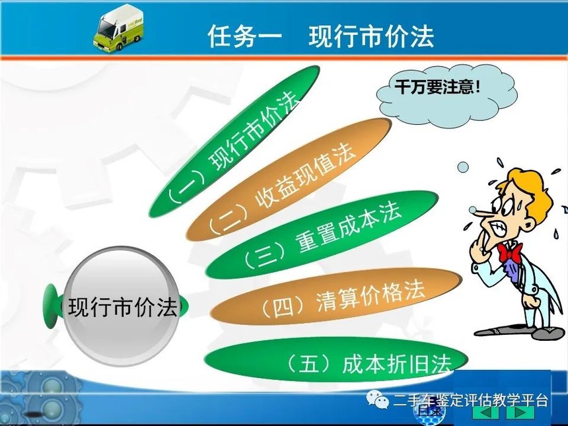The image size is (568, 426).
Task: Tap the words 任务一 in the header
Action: pos(245,36)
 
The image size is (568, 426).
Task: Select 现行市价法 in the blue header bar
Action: pos(371,36)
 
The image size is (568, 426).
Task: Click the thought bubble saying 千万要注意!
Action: pos(446,96)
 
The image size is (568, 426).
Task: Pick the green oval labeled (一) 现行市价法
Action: pos(234,141)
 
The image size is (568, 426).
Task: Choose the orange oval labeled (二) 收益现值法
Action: pos(289,179)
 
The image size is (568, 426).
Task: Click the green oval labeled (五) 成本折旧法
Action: pos(336,359)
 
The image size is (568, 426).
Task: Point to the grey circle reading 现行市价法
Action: pos(122,306)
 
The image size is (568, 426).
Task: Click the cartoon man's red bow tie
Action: pos(510,252)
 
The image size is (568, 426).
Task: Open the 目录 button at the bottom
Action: pos(429,411)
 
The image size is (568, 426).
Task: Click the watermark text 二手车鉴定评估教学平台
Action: pos(470,401)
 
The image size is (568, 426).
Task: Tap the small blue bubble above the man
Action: pos(462,167)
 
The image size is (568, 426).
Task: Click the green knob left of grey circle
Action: pos(52,306)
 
